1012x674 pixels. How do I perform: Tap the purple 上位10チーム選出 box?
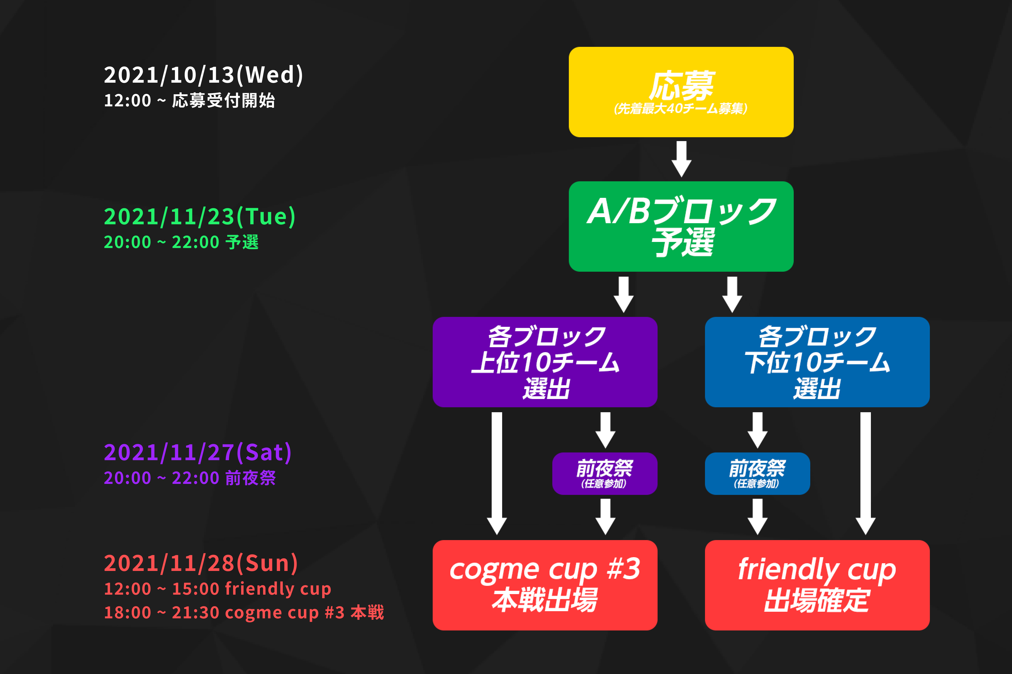[545, 362]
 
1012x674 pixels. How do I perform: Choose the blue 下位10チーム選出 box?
[817, 362]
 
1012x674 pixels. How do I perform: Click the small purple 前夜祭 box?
[604, 473]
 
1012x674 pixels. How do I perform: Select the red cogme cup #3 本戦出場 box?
[545, 585]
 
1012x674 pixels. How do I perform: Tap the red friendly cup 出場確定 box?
[817, 585]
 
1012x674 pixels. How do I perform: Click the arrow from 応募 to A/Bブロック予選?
[681, 159]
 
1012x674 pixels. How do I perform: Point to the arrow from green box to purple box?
[623, 295]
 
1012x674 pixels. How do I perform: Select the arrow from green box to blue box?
[732, 295]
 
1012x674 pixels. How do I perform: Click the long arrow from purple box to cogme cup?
[497, 473]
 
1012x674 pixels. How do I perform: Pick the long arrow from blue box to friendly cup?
[865, 473]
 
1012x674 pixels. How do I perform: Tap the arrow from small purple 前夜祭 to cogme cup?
[605, 516]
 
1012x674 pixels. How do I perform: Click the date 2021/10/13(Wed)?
[203, 75]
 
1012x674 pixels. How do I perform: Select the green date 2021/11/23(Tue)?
[200, 216]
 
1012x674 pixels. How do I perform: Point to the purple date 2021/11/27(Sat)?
[198, 452]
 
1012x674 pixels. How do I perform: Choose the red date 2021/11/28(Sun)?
[201, 563]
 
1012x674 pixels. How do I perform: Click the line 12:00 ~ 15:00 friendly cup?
[217, 589]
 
